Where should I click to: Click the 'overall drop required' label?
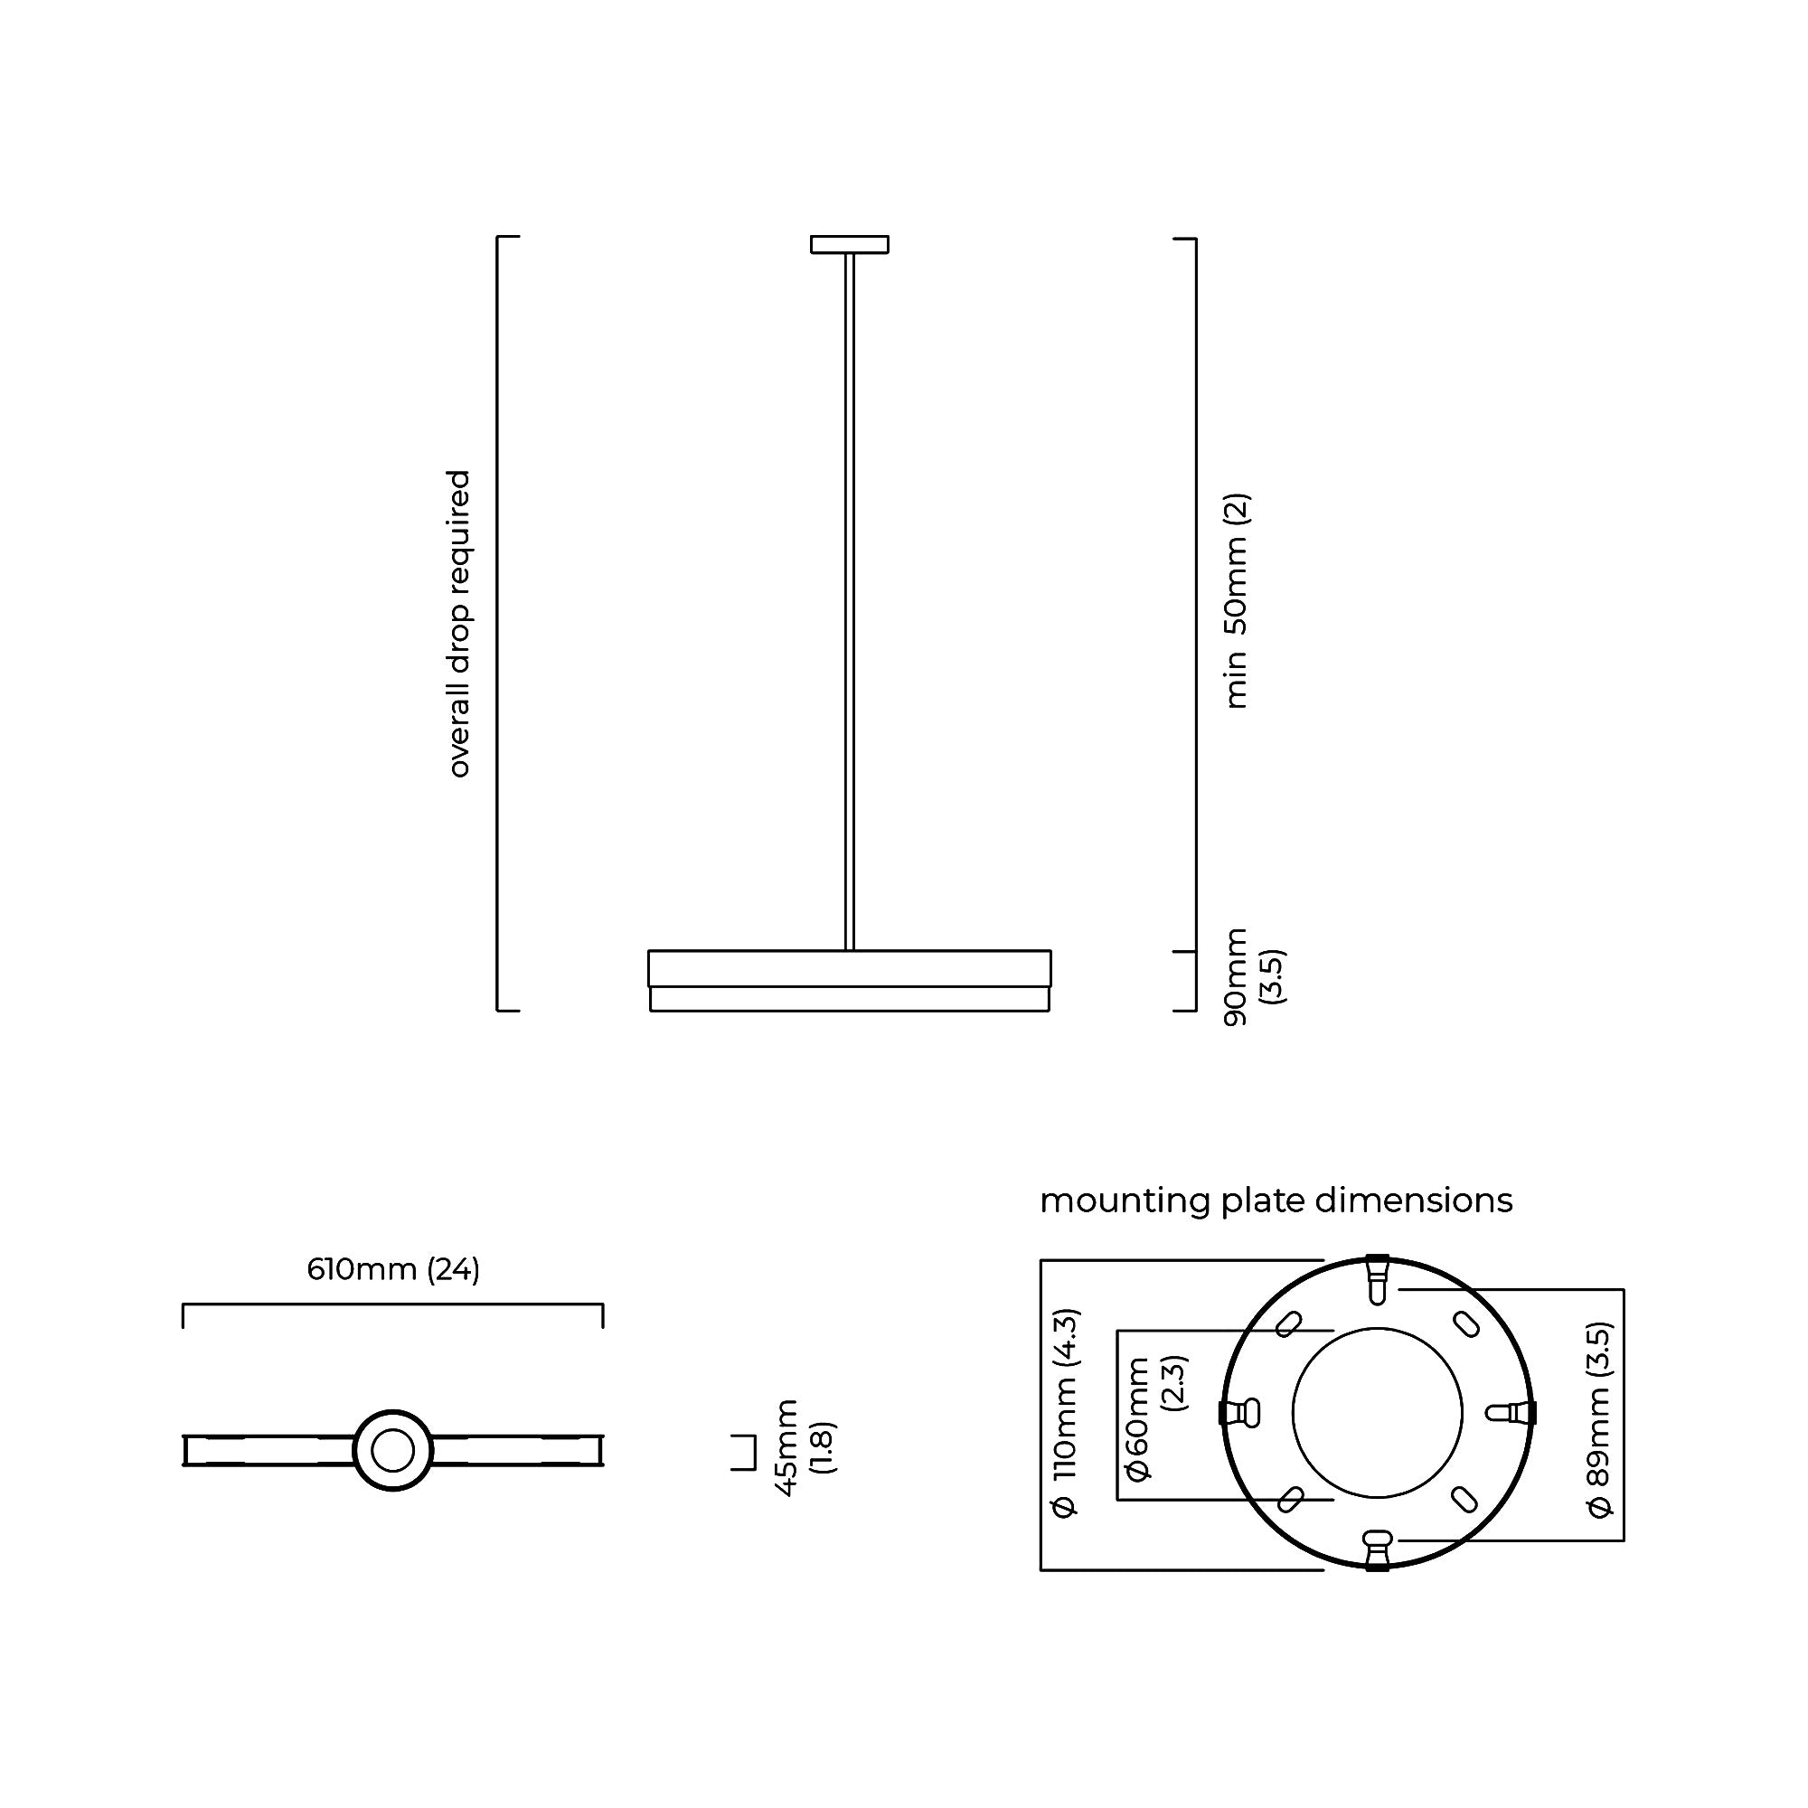tap(458, 623)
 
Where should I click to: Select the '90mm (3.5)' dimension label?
tap(1253, 976)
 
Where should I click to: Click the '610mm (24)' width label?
tap(393, 1270)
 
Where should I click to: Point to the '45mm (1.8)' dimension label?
tap(804, 1448)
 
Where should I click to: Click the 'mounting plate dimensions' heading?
tap(1276, 1201)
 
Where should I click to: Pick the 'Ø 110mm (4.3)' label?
tap(1066, 1413)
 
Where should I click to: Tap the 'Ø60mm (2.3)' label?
tap(1153, 1415)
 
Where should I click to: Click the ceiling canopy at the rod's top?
tap(849, 244)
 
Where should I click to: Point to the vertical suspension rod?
tap(849, 599)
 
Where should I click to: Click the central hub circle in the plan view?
tap(393, 1451)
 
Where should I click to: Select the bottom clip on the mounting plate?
tap(1377, 1549)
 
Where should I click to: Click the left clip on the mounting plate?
tap(1240, 1413)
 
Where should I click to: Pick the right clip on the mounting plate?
tap(1514, 1413)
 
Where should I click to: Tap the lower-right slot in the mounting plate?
tap(1465, 1500)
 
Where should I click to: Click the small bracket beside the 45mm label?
tap(745, 1452)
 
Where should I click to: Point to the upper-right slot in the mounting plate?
tap(1465, 1325)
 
